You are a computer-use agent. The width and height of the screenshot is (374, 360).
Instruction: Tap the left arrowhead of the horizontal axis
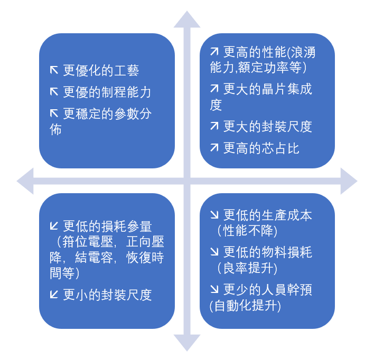tap(25, 181)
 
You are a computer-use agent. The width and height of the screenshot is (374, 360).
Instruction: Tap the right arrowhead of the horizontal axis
tap(348, 181)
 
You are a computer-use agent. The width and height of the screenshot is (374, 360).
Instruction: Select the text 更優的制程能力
tap(107, 92)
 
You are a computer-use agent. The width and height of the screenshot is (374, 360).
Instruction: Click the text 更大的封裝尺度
tap(267, 126)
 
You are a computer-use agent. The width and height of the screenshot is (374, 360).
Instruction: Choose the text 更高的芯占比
tap(261, 148)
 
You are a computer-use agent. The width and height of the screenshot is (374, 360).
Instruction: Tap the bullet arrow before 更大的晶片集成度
tap(214, 89)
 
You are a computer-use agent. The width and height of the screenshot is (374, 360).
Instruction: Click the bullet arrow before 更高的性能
tap(214, 52)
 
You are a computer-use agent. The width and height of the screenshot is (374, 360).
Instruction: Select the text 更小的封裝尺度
tap(107, 295)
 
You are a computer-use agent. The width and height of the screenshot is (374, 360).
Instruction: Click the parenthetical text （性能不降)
tap(247, 231)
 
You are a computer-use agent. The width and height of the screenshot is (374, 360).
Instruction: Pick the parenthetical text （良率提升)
tap(247, 268)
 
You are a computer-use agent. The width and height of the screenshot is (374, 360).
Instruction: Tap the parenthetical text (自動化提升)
tap(245, 306)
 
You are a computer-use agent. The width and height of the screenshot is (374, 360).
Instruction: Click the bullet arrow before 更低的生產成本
tap(214, 215)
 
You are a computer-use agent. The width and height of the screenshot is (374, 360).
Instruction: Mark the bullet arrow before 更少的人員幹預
tap(214, 290)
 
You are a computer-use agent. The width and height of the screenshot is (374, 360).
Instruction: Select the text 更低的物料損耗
tap(267, 252)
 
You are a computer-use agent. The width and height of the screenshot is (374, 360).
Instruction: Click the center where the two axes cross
tap(187, 181)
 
